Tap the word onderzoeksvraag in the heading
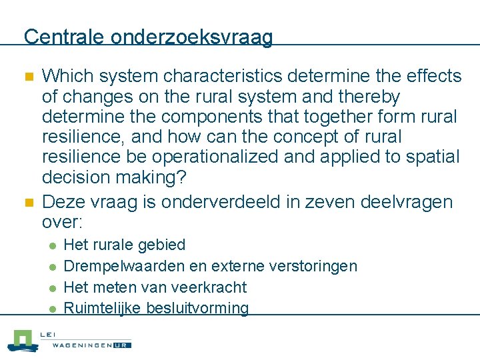192,37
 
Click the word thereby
369,97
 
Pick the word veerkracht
209,287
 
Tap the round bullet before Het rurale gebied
53,246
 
